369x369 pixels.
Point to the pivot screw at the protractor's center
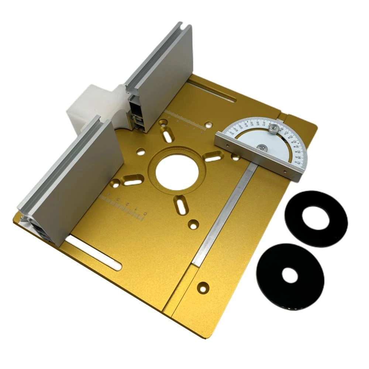coord(262,148)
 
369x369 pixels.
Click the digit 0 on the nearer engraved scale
coord(145,213)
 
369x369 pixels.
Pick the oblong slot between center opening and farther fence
coord(168,135)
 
